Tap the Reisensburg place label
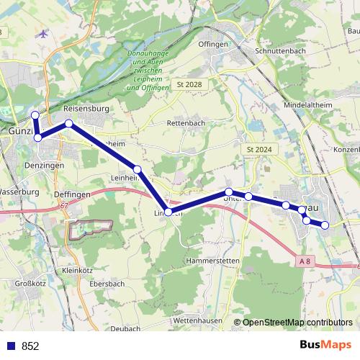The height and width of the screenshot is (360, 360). click(x=86, y=109)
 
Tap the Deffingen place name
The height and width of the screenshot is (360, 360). click(x=72, y=194)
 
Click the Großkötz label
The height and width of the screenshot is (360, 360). click(x=31, y=284)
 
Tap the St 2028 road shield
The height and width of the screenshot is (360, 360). click(x=189, y=85)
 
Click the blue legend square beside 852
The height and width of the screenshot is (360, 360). click(x=11, y=346)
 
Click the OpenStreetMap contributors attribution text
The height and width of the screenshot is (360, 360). click(x=297, y=323)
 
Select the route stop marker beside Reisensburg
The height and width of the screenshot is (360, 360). click(x=69, y=124)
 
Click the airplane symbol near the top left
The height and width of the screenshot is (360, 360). click(x=45, y=34)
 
